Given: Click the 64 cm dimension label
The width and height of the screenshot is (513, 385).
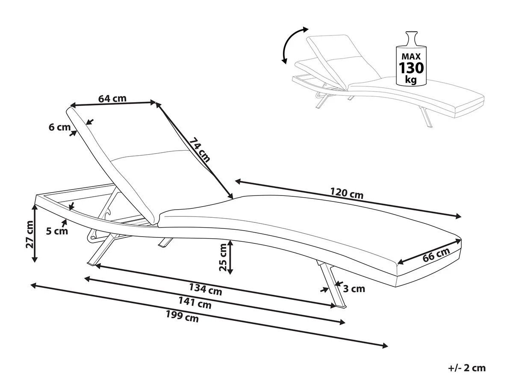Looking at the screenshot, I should coord(112,98).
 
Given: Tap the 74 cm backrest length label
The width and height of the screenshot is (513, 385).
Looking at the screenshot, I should coord(200,149).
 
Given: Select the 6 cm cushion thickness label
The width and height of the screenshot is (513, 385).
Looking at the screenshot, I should coord(59,127).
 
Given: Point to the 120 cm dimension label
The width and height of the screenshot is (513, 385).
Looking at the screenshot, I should coord(347,193).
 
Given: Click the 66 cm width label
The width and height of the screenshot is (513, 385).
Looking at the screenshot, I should coord(436,255).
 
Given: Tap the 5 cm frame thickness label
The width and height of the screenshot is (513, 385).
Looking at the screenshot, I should coord(57,231).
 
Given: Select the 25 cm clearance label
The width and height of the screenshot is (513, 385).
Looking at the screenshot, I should coord(223,257).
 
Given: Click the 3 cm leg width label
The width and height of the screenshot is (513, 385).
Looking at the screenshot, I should coord(354,289).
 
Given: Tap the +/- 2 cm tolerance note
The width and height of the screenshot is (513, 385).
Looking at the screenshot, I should coord(467,367).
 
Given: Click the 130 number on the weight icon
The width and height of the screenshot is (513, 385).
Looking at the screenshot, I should coord(411,68).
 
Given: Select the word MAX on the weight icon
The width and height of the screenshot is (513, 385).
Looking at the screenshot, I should coord(411,56).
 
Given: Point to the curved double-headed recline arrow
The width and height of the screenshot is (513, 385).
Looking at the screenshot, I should coord(290,44).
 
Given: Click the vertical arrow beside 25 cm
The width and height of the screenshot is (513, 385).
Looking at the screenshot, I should coord(230,257).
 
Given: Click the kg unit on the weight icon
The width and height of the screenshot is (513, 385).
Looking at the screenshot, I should coord(411,80).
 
